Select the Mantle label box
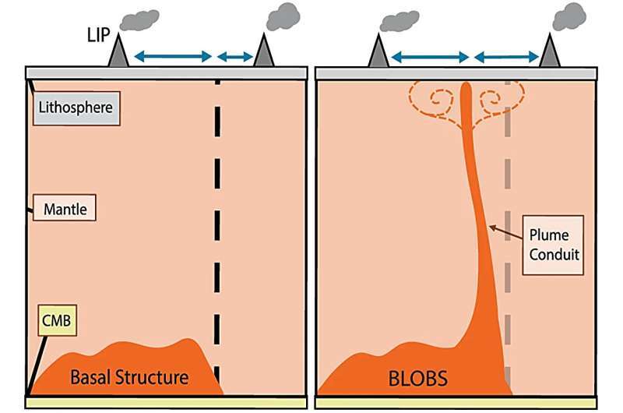coord(64,209)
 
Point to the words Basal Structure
coord(129,378)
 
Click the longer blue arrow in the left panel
coord(172,56)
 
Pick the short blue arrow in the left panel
coord(235,56)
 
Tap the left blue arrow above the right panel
coord(429,56)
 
